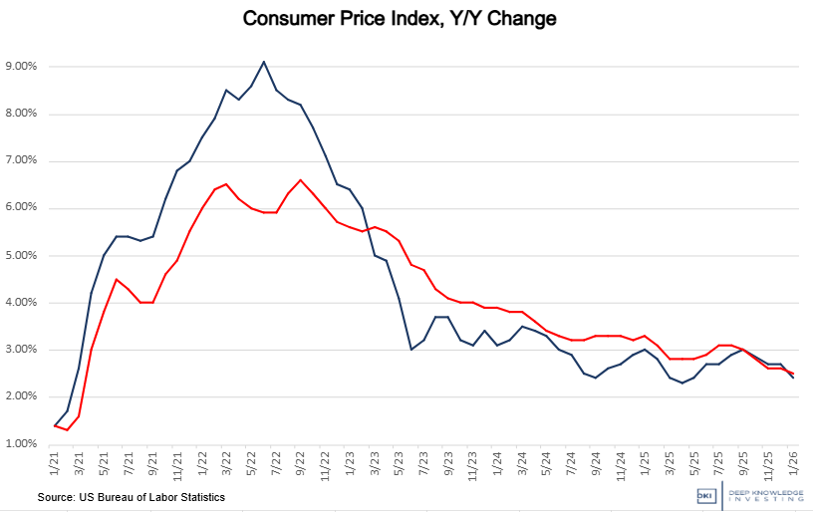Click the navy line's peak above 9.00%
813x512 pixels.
point(263,62)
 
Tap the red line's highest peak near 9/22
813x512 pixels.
point(300,180)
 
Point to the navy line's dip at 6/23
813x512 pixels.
point(410,350)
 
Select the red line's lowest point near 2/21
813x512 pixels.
point(66,429)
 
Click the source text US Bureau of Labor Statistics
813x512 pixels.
point(131,496)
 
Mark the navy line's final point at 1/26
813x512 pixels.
point(792,379)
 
